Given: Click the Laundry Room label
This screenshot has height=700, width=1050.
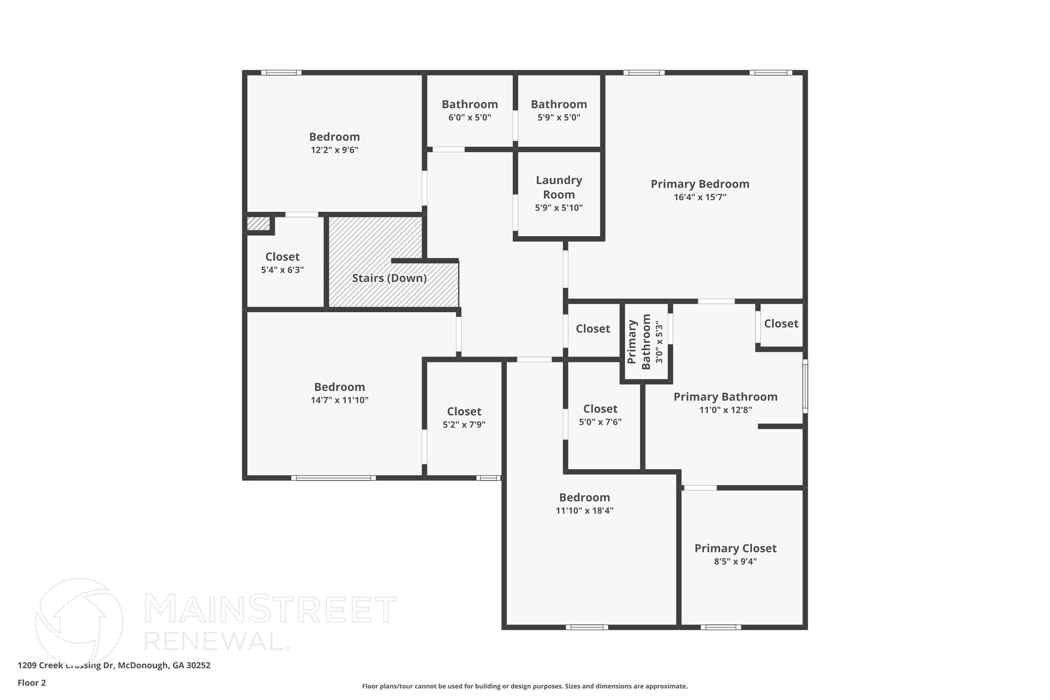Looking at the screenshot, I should (x=558, y=187).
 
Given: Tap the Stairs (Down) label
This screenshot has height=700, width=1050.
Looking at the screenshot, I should (x=389, y=278).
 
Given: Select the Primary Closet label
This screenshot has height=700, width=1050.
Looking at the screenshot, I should (x=735, y=548).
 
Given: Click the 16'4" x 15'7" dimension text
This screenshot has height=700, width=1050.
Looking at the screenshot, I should (x=700, y=197).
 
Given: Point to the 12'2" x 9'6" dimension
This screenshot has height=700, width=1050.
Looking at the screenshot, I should (x=334, y=150).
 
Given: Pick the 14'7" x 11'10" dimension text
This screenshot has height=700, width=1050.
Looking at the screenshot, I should (x=339, y=400).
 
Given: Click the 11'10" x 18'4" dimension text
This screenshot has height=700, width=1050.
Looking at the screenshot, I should (x=584, y=510).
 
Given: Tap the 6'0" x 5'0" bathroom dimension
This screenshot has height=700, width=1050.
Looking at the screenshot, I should (x=470, y=117).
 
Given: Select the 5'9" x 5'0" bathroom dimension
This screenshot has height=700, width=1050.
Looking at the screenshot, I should (x=559, y=117).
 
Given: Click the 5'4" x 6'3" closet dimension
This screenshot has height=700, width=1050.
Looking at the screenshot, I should (x=282, y=270).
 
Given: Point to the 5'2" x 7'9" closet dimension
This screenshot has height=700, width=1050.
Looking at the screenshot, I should (x=464, y=425).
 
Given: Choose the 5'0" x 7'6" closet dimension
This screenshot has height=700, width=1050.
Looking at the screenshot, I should (x=600, y=422).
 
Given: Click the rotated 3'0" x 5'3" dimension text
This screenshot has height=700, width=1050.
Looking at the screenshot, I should (x=659, y=342).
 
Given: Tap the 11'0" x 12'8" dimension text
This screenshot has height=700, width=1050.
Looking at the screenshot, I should (x=725, y=410).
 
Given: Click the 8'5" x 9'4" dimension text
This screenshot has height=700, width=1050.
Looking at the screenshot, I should (x=735, y=561).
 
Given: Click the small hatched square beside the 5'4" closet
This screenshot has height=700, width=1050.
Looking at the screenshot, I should (x=258, y=224).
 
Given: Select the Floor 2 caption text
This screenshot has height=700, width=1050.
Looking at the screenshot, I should (x=32, y=683).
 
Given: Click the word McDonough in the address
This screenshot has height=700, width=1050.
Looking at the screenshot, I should (x=143, y=665).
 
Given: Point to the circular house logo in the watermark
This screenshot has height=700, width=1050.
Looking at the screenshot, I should (x=79, y=622).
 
